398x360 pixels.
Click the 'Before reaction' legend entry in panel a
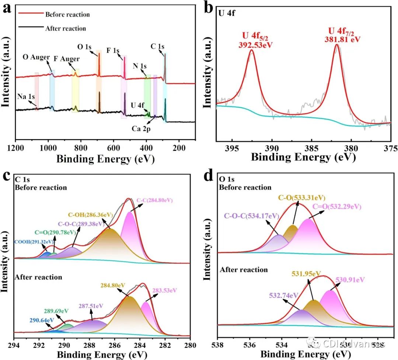(x=67, y=15)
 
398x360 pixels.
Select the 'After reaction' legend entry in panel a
(x=66, y=28)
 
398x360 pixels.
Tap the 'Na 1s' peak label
(x=26, y=97)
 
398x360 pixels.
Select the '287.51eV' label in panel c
(x=97, y=306)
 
